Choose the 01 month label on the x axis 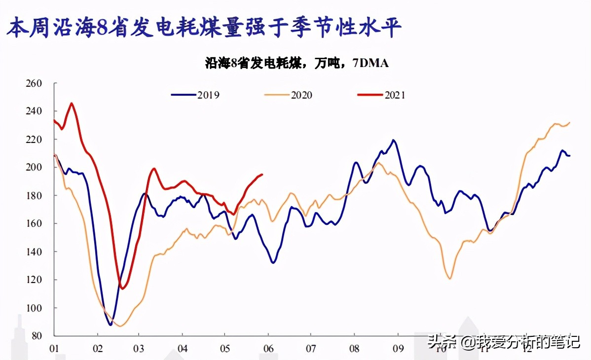(54, 347)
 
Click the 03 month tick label (140, 347)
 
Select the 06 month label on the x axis (268, 347)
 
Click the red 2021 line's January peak (72, 103)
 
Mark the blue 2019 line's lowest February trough (111, 324)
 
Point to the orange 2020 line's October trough (449, 279)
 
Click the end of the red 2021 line (262, 174)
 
